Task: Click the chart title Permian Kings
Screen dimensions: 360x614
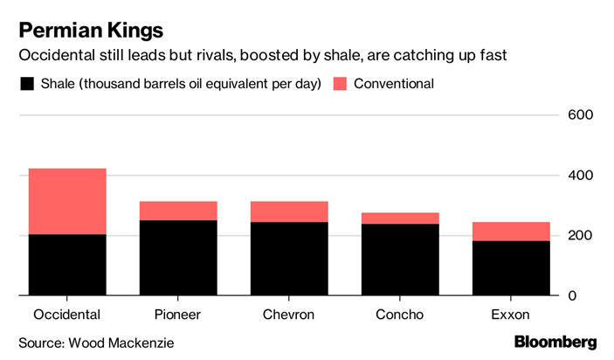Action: point(91,31)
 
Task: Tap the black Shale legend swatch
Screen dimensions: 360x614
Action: point(26,84)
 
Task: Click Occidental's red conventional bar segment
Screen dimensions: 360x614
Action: point(67,201)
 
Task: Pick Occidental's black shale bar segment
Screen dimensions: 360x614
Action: point(67,265)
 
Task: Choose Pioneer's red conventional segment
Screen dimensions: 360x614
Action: point(179,211)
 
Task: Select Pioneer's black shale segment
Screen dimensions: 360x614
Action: point(179,258)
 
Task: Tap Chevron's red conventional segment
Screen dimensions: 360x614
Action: point(289,211)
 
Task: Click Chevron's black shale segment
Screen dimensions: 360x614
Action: point(289,259)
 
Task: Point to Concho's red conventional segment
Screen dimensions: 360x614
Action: point(401,218)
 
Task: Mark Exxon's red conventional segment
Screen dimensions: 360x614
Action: point(511,231)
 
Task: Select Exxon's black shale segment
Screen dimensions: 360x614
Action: point(511,268)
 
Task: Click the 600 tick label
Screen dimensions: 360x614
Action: point(582,115)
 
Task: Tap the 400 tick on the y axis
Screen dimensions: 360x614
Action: point(582,176)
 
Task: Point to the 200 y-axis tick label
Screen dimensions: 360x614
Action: point(582,236)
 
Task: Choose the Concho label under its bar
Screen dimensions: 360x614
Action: point(401,315)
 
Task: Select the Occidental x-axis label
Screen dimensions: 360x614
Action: point(67,315)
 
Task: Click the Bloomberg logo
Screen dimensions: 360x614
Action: point(555,342)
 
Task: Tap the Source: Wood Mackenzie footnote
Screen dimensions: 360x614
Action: point(96,343)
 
